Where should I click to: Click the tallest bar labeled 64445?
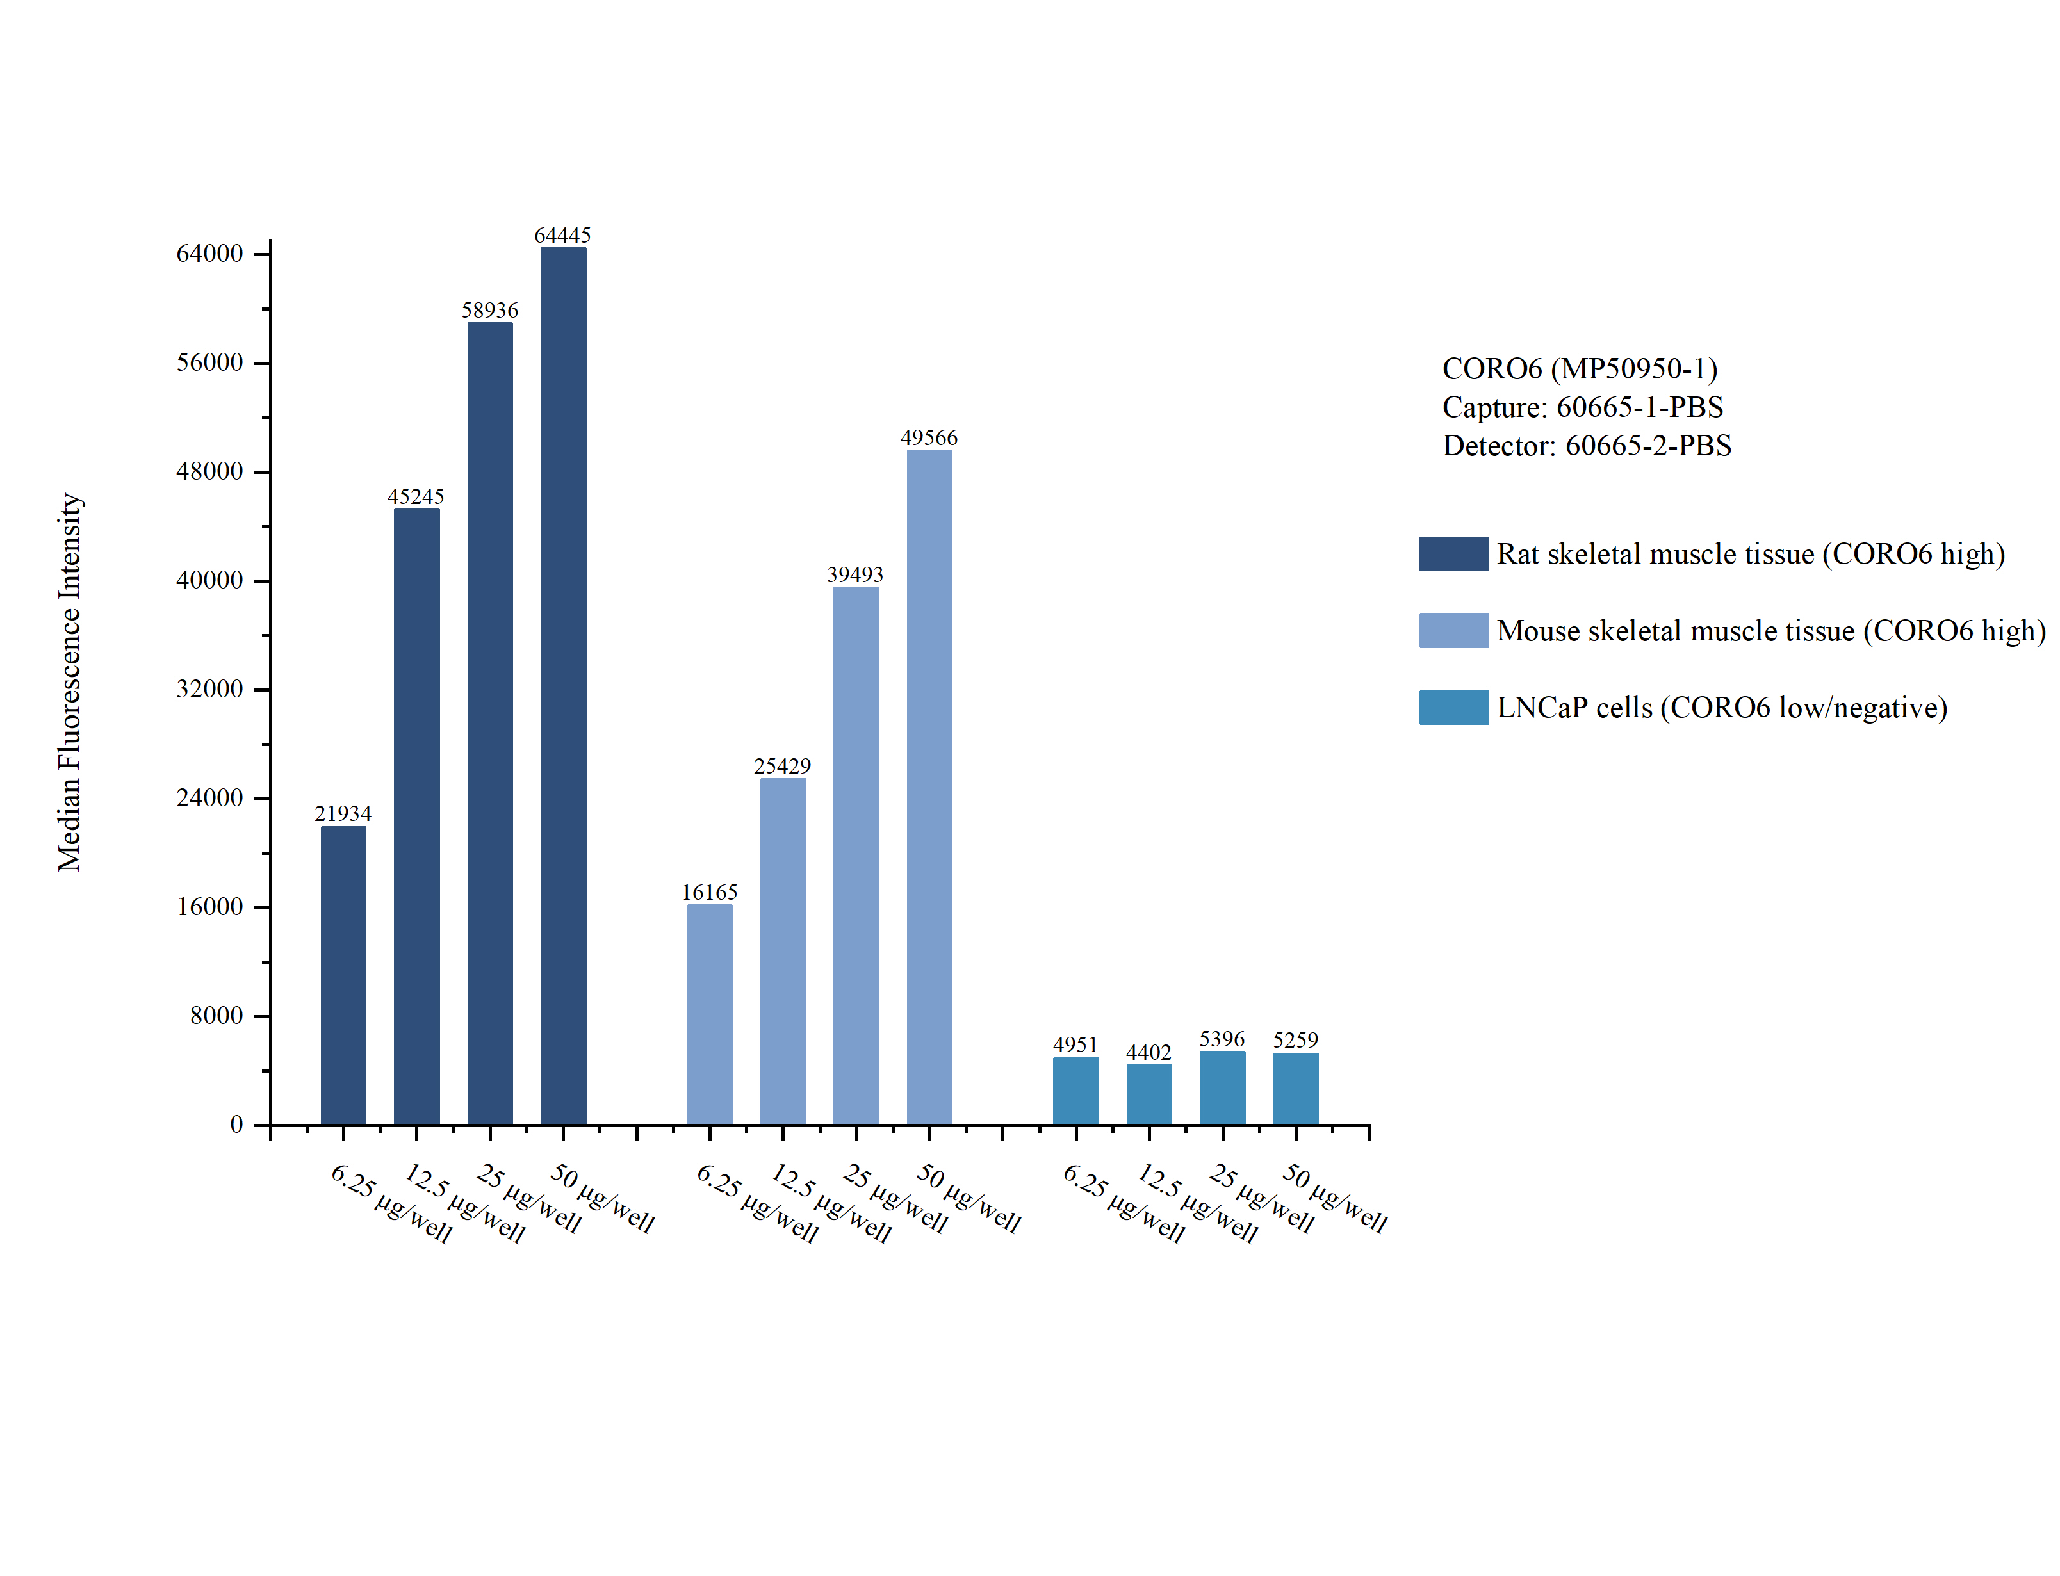click(563, 685)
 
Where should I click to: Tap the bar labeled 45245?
click(416, 815)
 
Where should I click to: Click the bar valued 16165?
click(709, 1013)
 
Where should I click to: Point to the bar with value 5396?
click(1222, 1087)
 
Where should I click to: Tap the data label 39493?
click(854, 574)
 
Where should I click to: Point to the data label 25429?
click(782, 765)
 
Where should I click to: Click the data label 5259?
click(1295, 1039)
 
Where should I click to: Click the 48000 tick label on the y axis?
click(209, 471)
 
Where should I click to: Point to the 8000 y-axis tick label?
click(216, 1015)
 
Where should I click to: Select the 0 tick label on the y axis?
click(236, 1124)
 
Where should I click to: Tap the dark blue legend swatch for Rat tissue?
click(1453, 553)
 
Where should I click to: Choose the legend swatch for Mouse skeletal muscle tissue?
click(1453, 630)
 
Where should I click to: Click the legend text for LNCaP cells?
click(1721, 708)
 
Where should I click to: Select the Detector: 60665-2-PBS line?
click(1586, 446)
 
